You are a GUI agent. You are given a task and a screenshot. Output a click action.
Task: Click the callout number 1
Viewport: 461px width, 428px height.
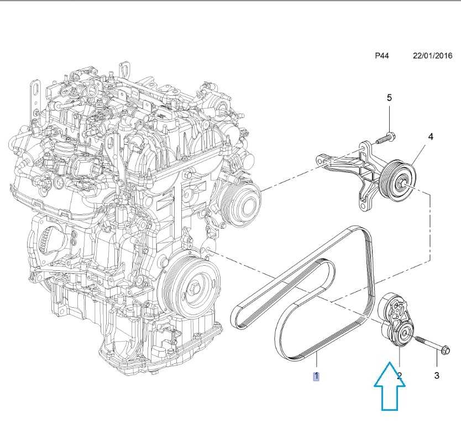tap(316, 377)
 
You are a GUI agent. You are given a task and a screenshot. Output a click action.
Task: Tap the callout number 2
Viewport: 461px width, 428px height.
tap(400, 376)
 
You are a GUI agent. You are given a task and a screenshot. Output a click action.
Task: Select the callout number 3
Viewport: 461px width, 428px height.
tap(436, 376)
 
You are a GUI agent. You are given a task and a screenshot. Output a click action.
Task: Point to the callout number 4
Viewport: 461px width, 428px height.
tap(430, 136)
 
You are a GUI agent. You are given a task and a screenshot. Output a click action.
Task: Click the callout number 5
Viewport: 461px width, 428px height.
tap(389, 97)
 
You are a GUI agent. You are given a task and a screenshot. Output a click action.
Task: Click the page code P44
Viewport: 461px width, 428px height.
tap(382, 56)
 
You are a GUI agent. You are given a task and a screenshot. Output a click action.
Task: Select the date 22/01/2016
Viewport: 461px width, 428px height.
tap(432, 56)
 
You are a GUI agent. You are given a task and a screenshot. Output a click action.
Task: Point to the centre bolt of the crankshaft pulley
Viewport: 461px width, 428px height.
tap(195, 288)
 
